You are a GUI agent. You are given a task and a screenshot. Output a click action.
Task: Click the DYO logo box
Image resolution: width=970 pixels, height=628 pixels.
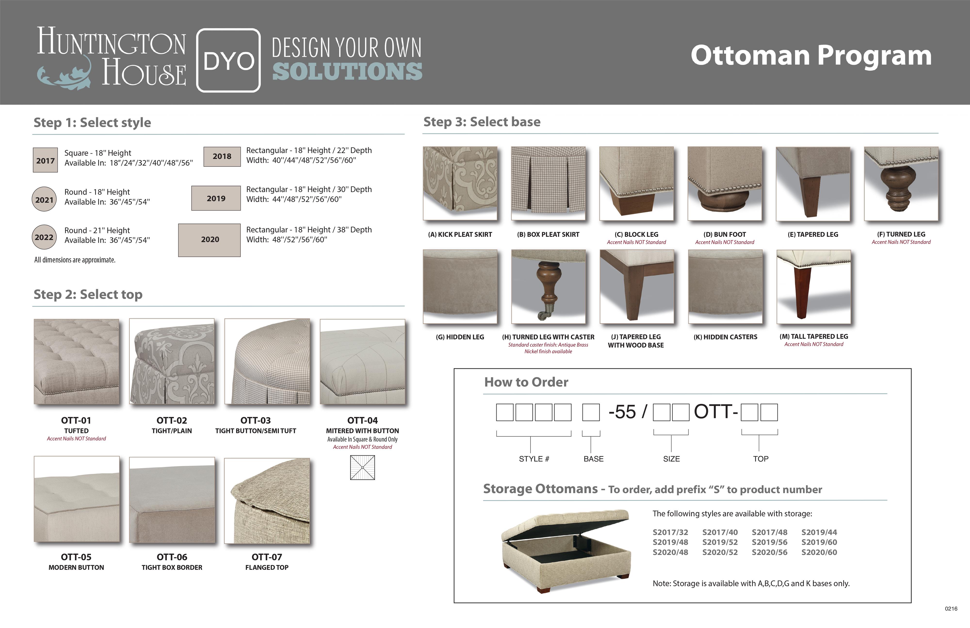click(228, 60)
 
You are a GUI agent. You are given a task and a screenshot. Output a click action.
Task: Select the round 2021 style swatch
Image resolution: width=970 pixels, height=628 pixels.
click(44, 199)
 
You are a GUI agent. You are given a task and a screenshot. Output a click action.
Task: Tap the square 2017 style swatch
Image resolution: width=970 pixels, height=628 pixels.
click(45, 160)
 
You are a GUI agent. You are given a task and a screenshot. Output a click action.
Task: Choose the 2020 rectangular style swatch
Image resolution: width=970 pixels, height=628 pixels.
click(210, 240)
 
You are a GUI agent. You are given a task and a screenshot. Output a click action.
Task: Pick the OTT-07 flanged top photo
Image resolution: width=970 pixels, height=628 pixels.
click(267, 501)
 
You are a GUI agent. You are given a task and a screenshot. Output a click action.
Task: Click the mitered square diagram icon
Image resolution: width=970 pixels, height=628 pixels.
click(362, 467)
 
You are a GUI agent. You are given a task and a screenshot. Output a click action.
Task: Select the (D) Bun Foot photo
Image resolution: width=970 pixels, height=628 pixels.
click(725, 183)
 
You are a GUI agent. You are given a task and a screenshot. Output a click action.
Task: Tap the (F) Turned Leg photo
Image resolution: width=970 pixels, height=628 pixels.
click(901, 183)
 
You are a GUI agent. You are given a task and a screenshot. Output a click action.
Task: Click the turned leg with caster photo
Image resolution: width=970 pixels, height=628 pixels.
click(548, 287)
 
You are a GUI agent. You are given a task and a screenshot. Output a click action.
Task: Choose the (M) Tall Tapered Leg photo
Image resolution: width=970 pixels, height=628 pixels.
click(814, 287)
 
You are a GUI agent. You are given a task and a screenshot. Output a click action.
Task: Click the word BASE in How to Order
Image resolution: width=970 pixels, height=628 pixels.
click(593, 459)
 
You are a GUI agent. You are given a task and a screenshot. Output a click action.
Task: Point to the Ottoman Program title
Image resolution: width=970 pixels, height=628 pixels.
click(811, 56)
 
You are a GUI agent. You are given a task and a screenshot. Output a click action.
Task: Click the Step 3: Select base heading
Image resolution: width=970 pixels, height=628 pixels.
click(482, 122)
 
